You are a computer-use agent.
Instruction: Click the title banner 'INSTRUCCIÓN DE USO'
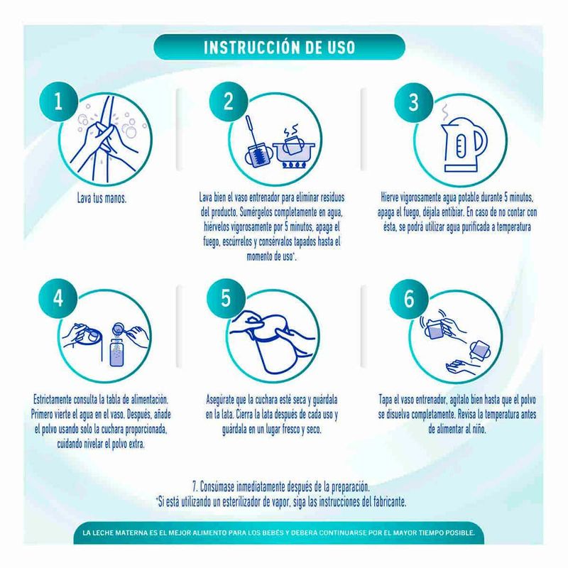[x=279, y=47]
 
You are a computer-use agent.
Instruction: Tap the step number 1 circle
[x=59, y=102]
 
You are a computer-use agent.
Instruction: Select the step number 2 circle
[x=228, y=102]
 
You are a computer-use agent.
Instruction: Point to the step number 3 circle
[x=414, y=102]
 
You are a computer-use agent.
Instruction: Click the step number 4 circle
[x=58, y=298]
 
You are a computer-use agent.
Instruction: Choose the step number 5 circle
[x=226, y=298]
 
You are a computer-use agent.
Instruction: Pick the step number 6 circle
[x=409, y=299]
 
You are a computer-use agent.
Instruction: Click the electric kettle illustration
[x=464, y=144]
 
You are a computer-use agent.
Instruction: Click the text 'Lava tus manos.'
[x=102, y=199]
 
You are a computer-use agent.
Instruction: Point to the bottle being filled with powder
[x=116, y=351]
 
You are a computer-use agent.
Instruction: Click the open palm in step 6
[x=461, y=367]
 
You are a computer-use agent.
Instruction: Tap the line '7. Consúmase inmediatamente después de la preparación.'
[x=280, y=486]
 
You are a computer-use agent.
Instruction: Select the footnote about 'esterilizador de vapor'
[x=281, y=502]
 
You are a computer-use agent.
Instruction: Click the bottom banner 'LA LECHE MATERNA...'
[x=278, y=533]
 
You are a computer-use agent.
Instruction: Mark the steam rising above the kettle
[x=446, y=113]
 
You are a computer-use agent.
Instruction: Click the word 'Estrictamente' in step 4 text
[x=52, y=400]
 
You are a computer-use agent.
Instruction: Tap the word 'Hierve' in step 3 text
[x=390, y=198]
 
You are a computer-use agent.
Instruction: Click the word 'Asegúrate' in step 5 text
[x=220, y=400]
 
